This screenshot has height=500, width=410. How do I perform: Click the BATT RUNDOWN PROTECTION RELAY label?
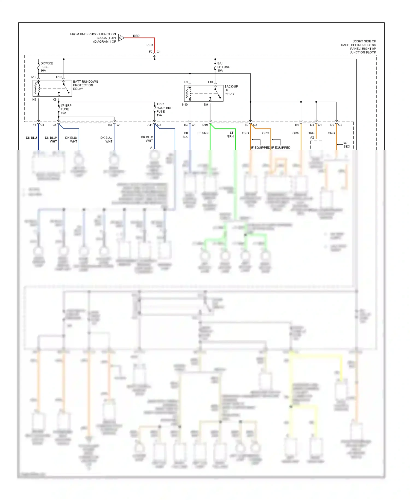click(85, 85)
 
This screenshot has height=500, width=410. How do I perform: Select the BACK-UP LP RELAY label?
click(231, 90)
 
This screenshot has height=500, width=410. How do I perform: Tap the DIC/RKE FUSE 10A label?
click(46, 67)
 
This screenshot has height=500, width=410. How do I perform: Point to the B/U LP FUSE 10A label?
click(223, 67)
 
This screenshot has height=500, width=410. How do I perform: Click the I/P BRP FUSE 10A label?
click(66, 109)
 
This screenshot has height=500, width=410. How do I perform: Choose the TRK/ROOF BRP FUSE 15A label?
click(164, 110)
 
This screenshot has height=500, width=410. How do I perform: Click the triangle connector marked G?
click(121, 38)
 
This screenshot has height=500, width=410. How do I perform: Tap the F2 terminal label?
click(151, 52)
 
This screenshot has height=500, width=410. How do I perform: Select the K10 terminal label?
click(34, 77)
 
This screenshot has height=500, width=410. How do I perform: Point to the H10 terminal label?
click(59, 77)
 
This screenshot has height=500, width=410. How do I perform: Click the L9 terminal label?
click(186, 82)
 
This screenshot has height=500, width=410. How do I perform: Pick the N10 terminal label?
click(185, 105)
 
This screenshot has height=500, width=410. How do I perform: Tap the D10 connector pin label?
click(205, 125)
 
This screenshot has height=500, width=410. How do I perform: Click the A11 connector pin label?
click(150, 125)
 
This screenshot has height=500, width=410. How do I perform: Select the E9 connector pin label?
click(246, 125)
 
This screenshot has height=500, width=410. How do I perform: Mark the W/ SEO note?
click(346, 145)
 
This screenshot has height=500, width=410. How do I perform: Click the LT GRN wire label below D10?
click(203, 133)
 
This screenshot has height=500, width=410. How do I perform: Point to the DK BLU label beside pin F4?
click(31, 138)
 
